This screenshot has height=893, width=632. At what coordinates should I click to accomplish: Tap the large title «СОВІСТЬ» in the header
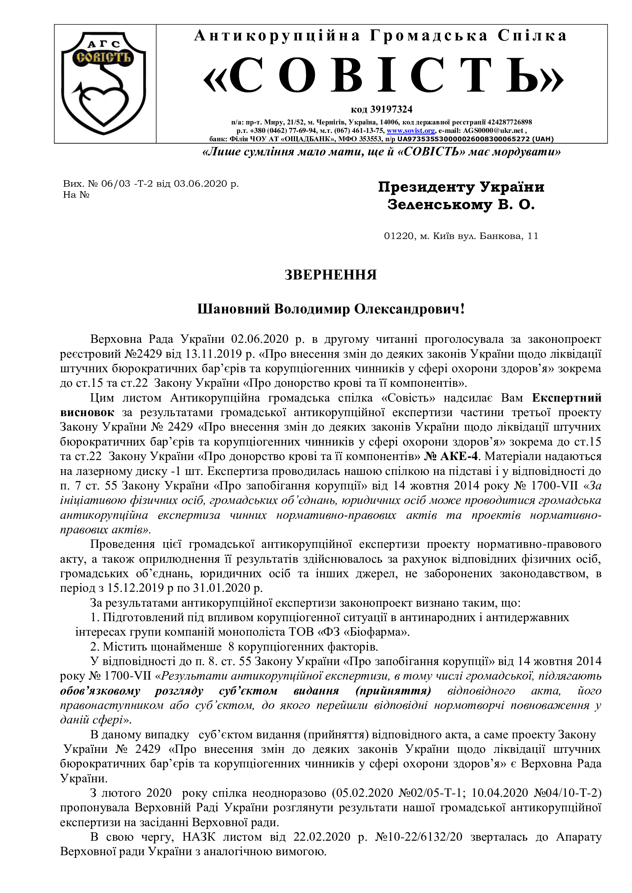tap(383, 76)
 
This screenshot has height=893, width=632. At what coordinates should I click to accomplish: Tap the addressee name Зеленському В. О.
tap(461, 205)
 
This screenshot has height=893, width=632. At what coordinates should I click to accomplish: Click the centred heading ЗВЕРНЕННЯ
tap(331, 275)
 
